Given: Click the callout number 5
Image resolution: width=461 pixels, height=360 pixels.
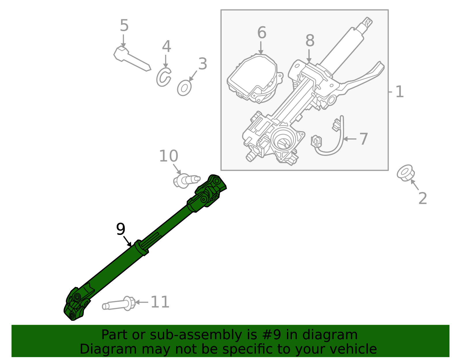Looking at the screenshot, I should [x=124, y=26].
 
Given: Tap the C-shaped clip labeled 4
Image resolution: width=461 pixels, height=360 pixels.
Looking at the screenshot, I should [x=163, y=77].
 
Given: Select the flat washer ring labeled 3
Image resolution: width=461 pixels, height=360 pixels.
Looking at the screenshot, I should [x=184, y=88].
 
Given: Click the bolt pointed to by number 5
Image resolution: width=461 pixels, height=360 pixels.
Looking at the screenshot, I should [x=131, y=59].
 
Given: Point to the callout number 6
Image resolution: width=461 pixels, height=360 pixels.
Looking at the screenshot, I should [x=262, y=33].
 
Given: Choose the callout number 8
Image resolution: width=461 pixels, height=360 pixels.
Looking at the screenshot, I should [x=310, y=41].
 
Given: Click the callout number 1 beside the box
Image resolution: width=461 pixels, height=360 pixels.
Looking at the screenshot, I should [x=399, y=92].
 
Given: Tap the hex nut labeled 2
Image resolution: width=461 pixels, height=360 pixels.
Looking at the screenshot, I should [x=406, y=173].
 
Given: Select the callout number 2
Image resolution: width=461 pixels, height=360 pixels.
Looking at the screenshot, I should [x=422, y=199].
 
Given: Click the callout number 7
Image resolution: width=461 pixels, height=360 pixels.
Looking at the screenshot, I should [x=364, y=139].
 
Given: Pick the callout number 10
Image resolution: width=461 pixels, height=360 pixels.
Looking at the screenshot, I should [x=169, y=156].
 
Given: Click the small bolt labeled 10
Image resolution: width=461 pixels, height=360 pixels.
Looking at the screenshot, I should [x=186, y=181].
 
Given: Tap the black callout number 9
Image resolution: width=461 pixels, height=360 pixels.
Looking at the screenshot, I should [x=121, y=229].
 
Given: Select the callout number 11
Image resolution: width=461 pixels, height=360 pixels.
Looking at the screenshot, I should [x=160, y=302].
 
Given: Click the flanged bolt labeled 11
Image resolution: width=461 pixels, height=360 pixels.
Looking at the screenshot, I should [x=119, y=304].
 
